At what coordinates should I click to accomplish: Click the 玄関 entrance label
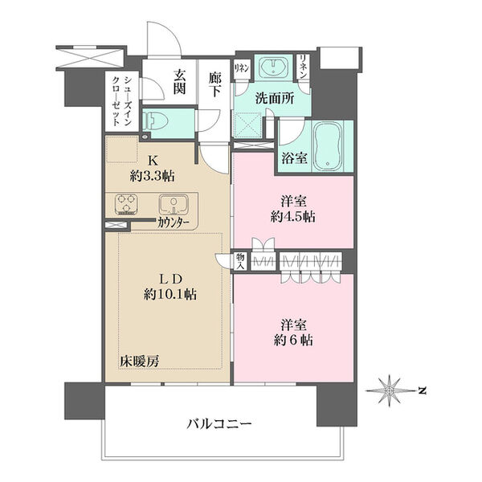tap(179, 83)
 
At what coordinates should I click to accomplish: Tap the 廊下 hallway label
tap(214, 83)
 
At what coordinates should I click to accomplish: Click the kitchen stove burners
tap(127, 205)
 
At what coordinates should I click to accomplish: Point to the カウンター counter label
tap(174, 223)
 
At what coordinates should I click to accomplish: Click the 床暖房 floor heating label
tap(141, 360)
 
